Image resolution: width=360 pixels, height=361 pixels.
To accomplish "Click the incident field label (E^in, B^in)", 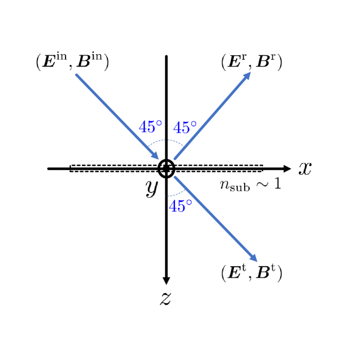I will pyautogui.click(x=73, y=62).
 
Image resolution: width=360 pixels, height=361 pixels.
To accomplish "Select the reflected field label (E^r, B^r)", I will pyautogui.click(x=251, y=62).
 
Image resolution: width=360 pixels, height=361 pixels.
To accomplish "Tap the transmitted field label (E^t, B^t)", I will pyautogui.click(x=251, y=272).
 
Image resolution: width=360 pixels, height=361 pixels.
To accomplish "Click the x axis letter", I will pyautogui.click(x=305, y=169).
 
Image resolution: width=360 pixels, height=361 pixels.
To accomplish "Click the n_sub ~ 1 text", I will pyautogui.click(x=250, y=184).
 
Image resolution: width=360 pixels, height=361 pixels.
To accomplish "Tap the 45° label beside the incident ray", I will pyautogui.click(x=150, y=127).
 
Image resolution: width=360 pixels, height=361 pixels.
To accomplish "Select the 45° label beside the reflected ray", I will pyautogui.click(x=185, y=128).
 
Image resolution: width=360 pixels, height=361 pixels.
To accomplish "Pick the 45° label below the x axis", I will pyautogui.click(x=180, y=206).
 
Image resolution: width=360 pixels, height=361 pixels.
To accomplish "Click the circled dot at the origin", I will pyautogui.click(x=166, y=169).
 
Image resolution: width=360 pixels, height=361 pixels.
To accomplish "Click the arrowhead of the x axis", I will pyautogui.click(x=287, y=169).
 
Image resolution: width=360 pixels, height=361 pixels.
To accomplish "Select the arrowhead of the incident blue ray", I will pyautogui.click(x=155, y=156).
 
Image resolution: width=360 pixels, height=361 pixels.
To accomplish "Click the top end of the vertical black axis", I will pyautogui.click(x=166, y=56).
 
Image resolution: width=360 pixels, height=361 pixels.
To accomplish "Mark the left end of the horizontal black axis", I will pyautogui.click(x=49, y=169).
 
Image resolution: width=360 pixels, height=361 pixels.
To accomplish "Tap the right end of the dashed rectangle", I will pyautogui.click(x=263, y=168).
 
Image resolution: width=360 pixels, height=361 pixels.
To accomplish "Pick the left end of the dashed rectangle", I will pyautogui.click(x=70, y=168).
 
